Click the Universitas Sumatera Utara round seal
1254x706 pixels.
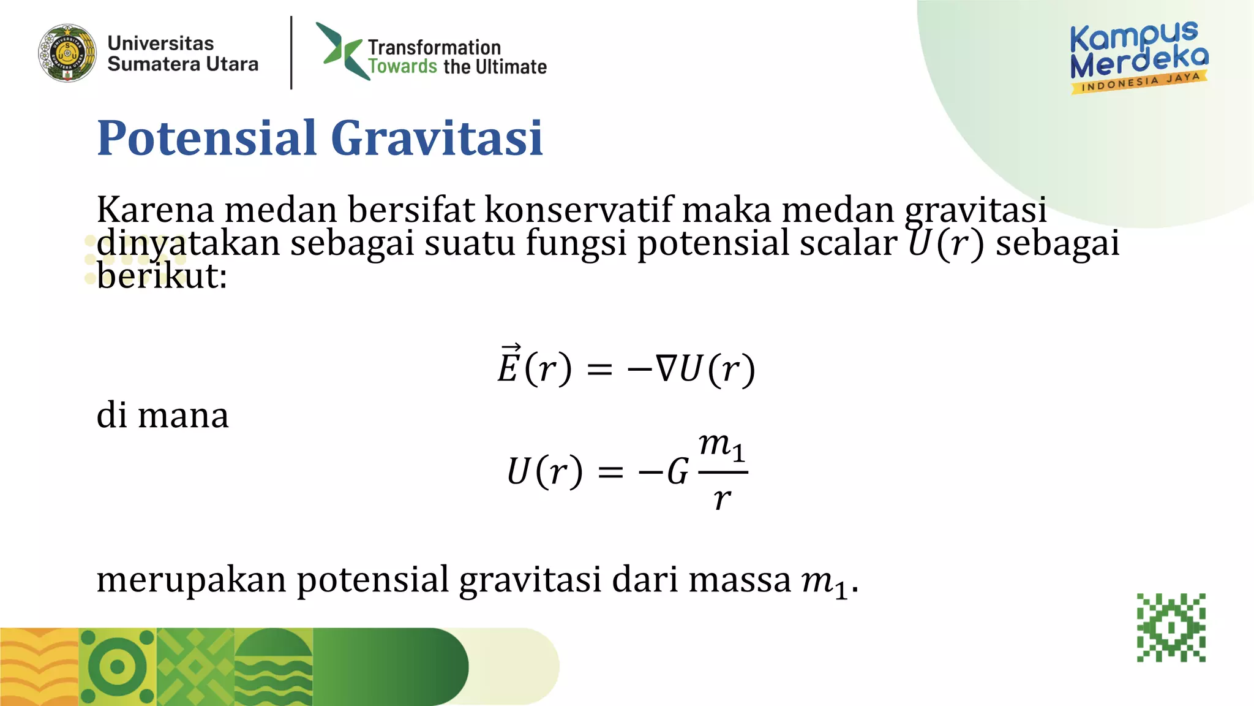tap(67, 53)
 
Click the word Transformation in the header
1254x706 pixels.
tap(434, 47)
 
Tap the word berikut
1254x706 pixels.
tap(161, 276)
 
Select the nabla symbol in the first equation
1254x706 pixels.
tap(666, 369)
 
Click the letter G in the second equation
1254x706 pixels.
tap(677, 472)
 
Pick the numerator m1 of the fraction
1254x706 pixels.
tap(722, 446)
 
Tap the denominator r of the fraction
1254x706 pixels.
tap(722, 499)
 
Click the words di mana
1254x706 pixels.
tap(162, 416)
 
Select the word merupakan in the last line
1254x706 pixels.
tap(191, 579)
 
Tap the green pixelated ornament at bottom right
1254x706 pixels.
tap(1171, 628)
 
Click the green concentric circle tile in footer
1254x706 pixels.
tap(118, 667)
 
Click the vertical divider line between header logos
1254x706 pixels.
tap(291, 53)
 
